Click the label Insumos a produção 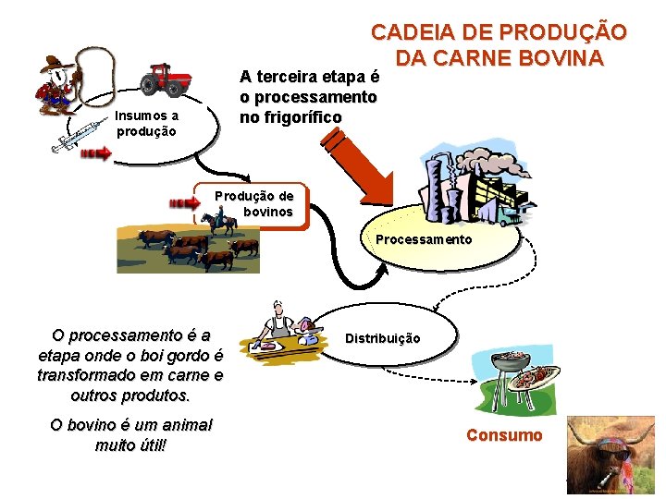147,123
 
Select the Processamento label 424,239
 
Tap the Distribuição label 383,338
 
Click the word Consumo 504,435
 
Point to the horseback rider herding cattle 220,222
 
